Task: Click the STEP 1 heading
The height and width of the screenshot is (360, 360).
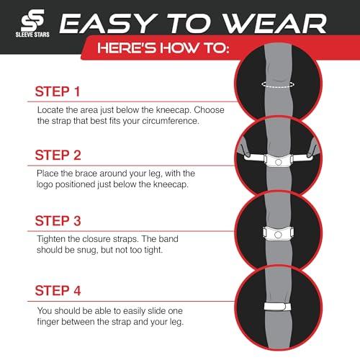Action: pyautogui.click(x=58, y=92)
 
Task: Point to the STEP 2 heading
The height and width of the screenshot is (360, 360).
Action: pyautogui.click(x=58, y=156)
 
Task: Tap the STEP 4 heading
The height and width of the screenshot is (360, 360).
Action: pyautogui.click(x=58, y=292)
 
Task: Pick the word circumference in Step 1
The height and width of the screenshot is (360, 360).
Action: pyautogui.click(x=171, y=120)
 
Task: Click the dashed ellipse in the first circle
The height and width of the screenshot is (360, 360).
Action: pyautogui.click(x=280, y=85)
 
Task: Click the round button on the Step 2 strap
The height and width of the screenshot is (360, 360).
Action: pyautogui.click(x=279, y=163)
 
